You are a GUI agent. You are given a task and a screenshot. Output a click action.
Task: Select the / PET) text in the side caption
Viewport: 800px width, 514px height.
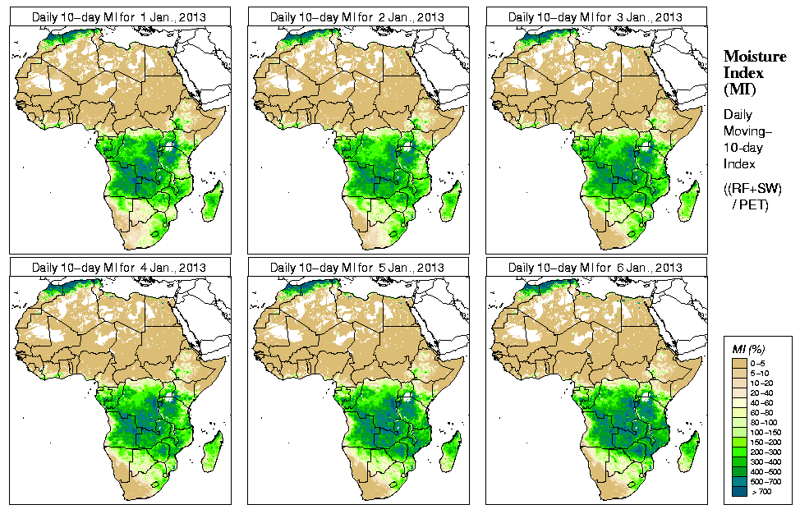pos(751,204)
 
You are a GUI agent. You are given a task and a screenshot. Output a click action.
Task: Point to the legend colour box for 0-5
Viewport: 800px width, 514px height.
pos(738,362)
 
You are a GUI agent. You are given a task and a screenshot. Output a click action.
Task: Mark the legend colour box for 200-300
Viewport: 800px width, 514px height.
pos(738,451)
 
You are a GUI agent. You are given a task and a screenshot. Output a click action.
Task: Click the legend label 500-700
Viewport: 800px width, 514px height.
pos(766,481)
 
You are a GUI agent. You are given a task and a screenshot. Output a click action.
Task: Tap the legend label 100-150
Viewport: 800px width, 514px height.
pos(766,431)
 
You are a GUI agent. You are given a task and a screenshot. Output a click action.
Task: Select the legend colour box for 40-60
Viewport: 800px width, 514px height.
pos(738,402)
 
